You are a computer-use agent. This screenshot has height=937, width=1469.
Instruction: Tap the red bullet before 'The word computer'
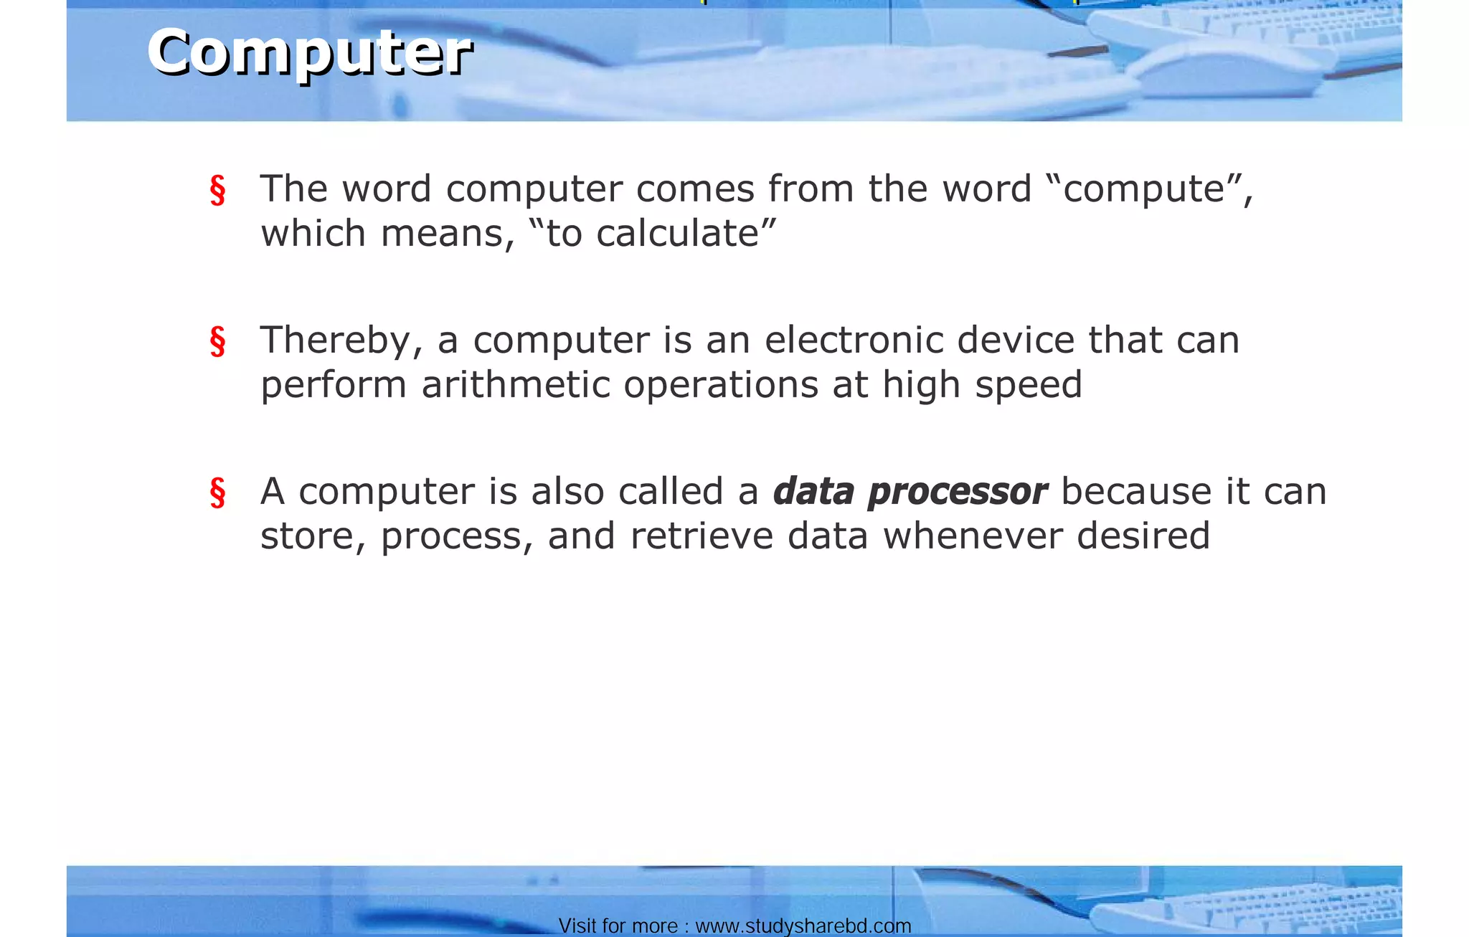click(217, 190)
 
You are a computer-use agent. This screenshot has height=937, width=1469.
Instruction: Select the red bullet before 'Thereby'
click(217, 341)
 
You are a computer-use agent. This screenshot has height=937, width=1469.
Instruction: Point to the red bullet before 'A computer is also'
click(217, 493)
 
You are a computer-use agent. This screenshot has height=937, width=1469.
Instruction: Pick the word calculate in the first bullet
click(677, 234)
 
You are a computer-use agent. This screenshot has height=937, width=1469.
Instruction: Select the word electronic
click(854, 340)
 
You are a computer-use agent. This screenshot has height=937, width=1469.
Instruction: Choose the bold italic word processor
click(957, 493)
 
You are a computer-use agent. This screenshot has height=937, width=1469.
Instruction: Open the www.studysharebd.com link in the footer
click(803, 926)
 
